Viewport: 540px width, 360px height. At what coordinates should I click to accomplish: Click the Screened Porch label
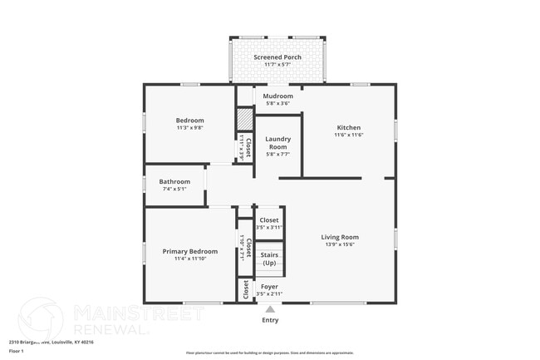click(267, 57)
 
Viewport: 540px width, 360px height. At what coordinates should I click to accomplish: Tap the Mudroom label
click(277, 96)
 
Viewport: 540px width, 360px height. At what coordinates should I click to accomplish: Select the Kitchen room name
click(349, 127)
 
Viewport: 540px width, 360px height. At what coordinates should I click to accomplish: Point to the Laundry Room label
click(277, 142)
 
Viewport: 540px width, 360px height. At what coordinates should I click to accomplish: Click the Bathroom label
click(174, 181)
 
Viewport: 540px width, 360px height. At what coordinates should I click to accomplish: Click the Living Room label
click(339, 237)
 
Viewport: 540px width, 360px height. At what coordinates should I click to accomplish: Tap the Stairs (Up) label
click(269, 259)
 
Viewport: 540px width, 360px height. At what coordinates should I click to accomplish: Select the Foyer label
click(269, 286)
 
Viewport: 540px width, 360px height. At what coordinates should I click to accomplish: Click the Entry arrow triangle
click(270, 309)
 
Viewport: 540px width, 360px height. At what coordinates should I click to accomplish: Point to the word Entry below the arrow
click(270, 320)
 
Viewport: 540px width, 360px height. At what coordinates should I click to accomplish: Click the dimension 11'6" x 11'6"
click(349, 136)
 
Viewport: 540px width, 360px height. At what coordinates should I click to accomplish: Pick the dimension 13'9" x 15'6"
click(339, 244)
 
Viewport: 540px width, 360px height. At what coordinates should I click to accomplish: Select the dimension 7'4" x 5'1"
click(174, 189)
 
